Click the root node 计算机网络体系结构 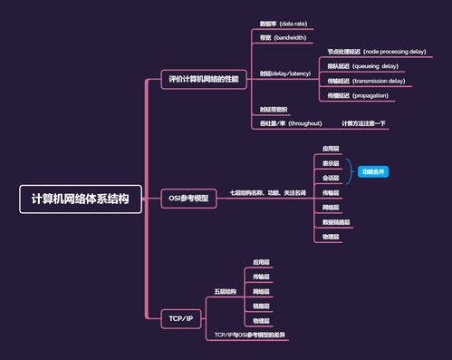pos(81,199)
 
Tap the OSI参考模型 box pos(188,198)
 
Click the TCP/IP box pos(180,318)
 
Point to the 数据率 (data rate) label pos(284,23)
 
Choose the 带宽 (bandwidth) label pos(284,38)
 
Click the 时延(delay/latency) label pos(285,73)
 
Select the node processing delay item pos(376,52)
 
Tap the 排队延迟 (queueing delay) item pos(362,66)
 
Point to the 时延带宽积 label pos(274,110)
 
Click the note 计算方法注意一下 pos(363,123)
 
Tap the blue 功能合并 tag pos(372,170)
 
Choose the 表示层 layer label pos(332,163)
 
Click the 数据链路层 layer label pos(336,222)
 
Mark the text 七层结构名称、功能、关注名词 pos(267,193)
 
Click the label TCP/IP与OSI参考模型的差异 pos(249,335)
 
